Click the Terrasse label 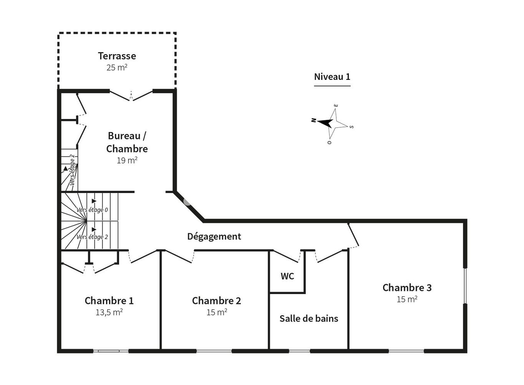117,56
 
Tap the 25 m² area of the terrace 117,68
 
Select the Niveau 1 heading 332,77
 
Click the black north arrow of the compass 325,122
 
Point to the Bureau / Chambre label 127,142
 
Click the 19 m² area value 127,160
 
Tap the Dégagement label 214,236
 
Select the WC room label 287,276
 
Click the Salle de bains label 309,319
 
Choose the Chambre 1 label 109,301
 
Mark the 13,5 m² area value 109,312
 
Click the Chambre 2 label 217,301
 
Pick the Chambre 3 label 407,288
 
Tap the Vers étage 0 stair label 92,210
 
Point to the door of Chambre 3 353,235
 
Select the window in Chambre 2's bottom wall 214,351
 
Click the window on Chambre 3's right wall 465,286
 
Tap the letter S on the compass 351,127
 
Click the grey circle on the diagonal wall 187,202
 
